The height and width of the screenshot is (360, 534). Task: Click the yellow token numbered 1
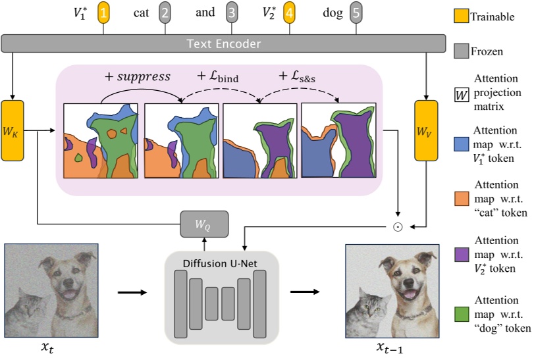104,13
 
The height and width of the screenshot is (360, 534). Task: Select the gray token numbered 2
165,13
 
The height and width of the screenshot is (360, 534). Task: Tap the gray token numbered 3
231,13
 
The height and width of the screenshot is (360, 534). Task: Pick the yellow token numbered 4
290,13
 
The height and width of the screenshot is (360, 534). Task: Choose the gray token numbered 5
356,13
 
